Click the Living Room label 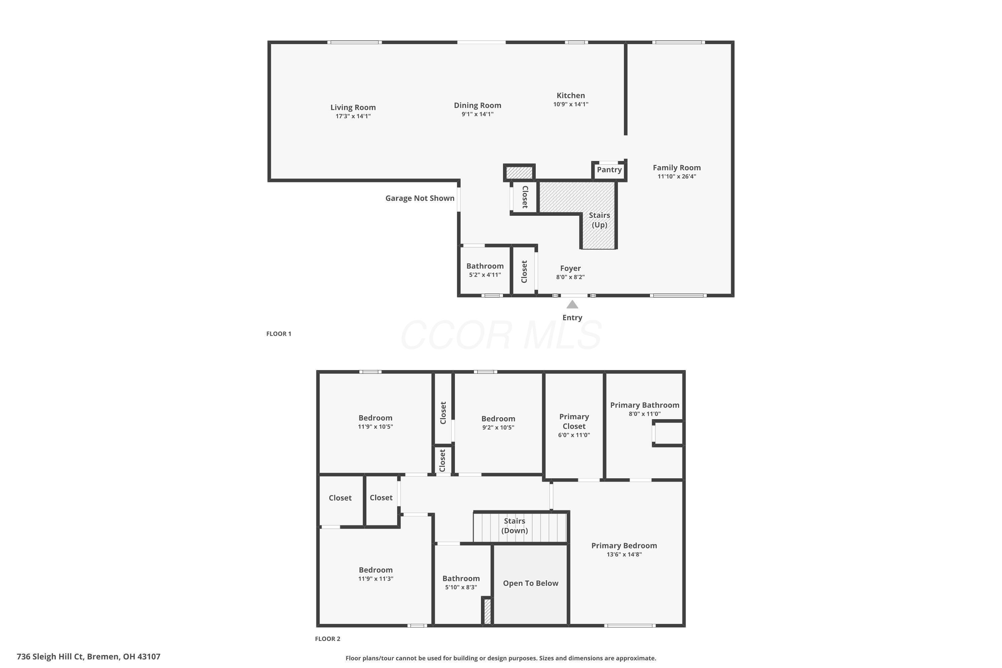pyautogui.click(x=353, y=107)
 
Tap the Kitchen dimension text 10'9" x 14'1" pyautogui.click(x=570, y=104)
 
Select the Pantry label pyautogui.click(x=609, y=170)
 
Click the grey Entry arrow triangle pyautogui.click(x=572, y=305)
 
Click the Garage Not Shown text pyautogui.click(x=420, y=198)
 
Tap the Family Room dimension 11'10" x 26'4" pyautogui.click(x=677, y=176)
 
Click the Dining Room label pyautogui.click(x=477, y=105)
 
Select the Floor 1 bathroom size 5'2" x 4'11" pyautogui.click(x=485, y=275)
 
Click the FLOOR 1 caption pyautogui.click(x=279, y=334)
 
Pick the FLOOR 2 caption pyautogui.click(x=327, y=639)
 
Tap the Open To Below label pyautogui.click(x=530, y=583)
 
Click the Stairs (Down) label pyautogui.click(x=514, y=526)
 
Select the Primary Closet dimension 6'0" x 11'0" pyautogui.click(x=574, y=435)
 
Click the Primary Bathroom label pyautogui.click(x=644, y=405)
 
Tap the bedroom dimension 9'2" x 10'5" pyautogui.click(x=498, y=427)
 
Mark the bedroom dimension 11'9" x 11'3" pyautogui.click(x=375, y=578)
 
